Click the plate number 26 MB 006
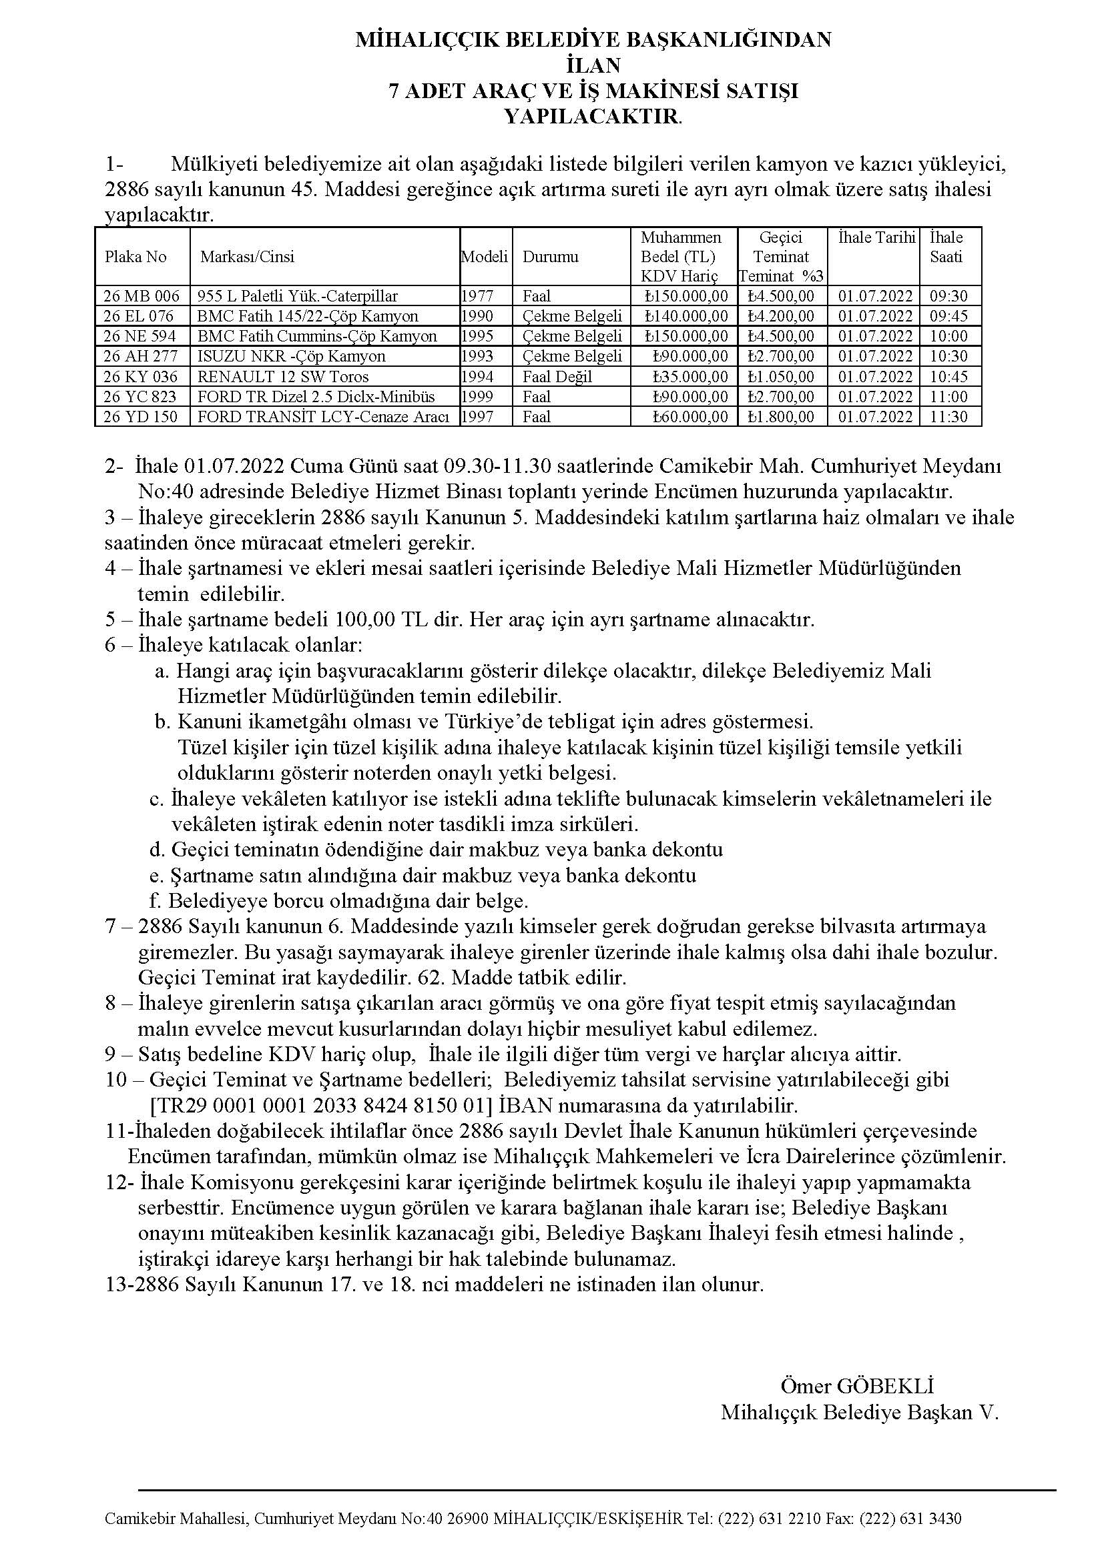click(x=142, y=295)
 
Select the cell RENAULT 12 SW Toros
click(x=283, y=376)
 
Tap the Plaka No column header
click(x=135, y=257)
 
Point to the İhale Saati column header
click(x=946, y=247)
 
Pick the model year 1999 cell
click(x=477, y=397)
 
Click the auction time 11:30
click(x=949, y=416)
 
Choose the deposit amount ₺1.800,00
click(x=780, y=416)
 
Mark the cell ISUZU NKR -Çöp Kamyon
click(x=291, y=356)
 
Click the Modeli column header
click(x=485, y=257)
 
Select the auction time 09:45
click(x=949, y=316)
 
